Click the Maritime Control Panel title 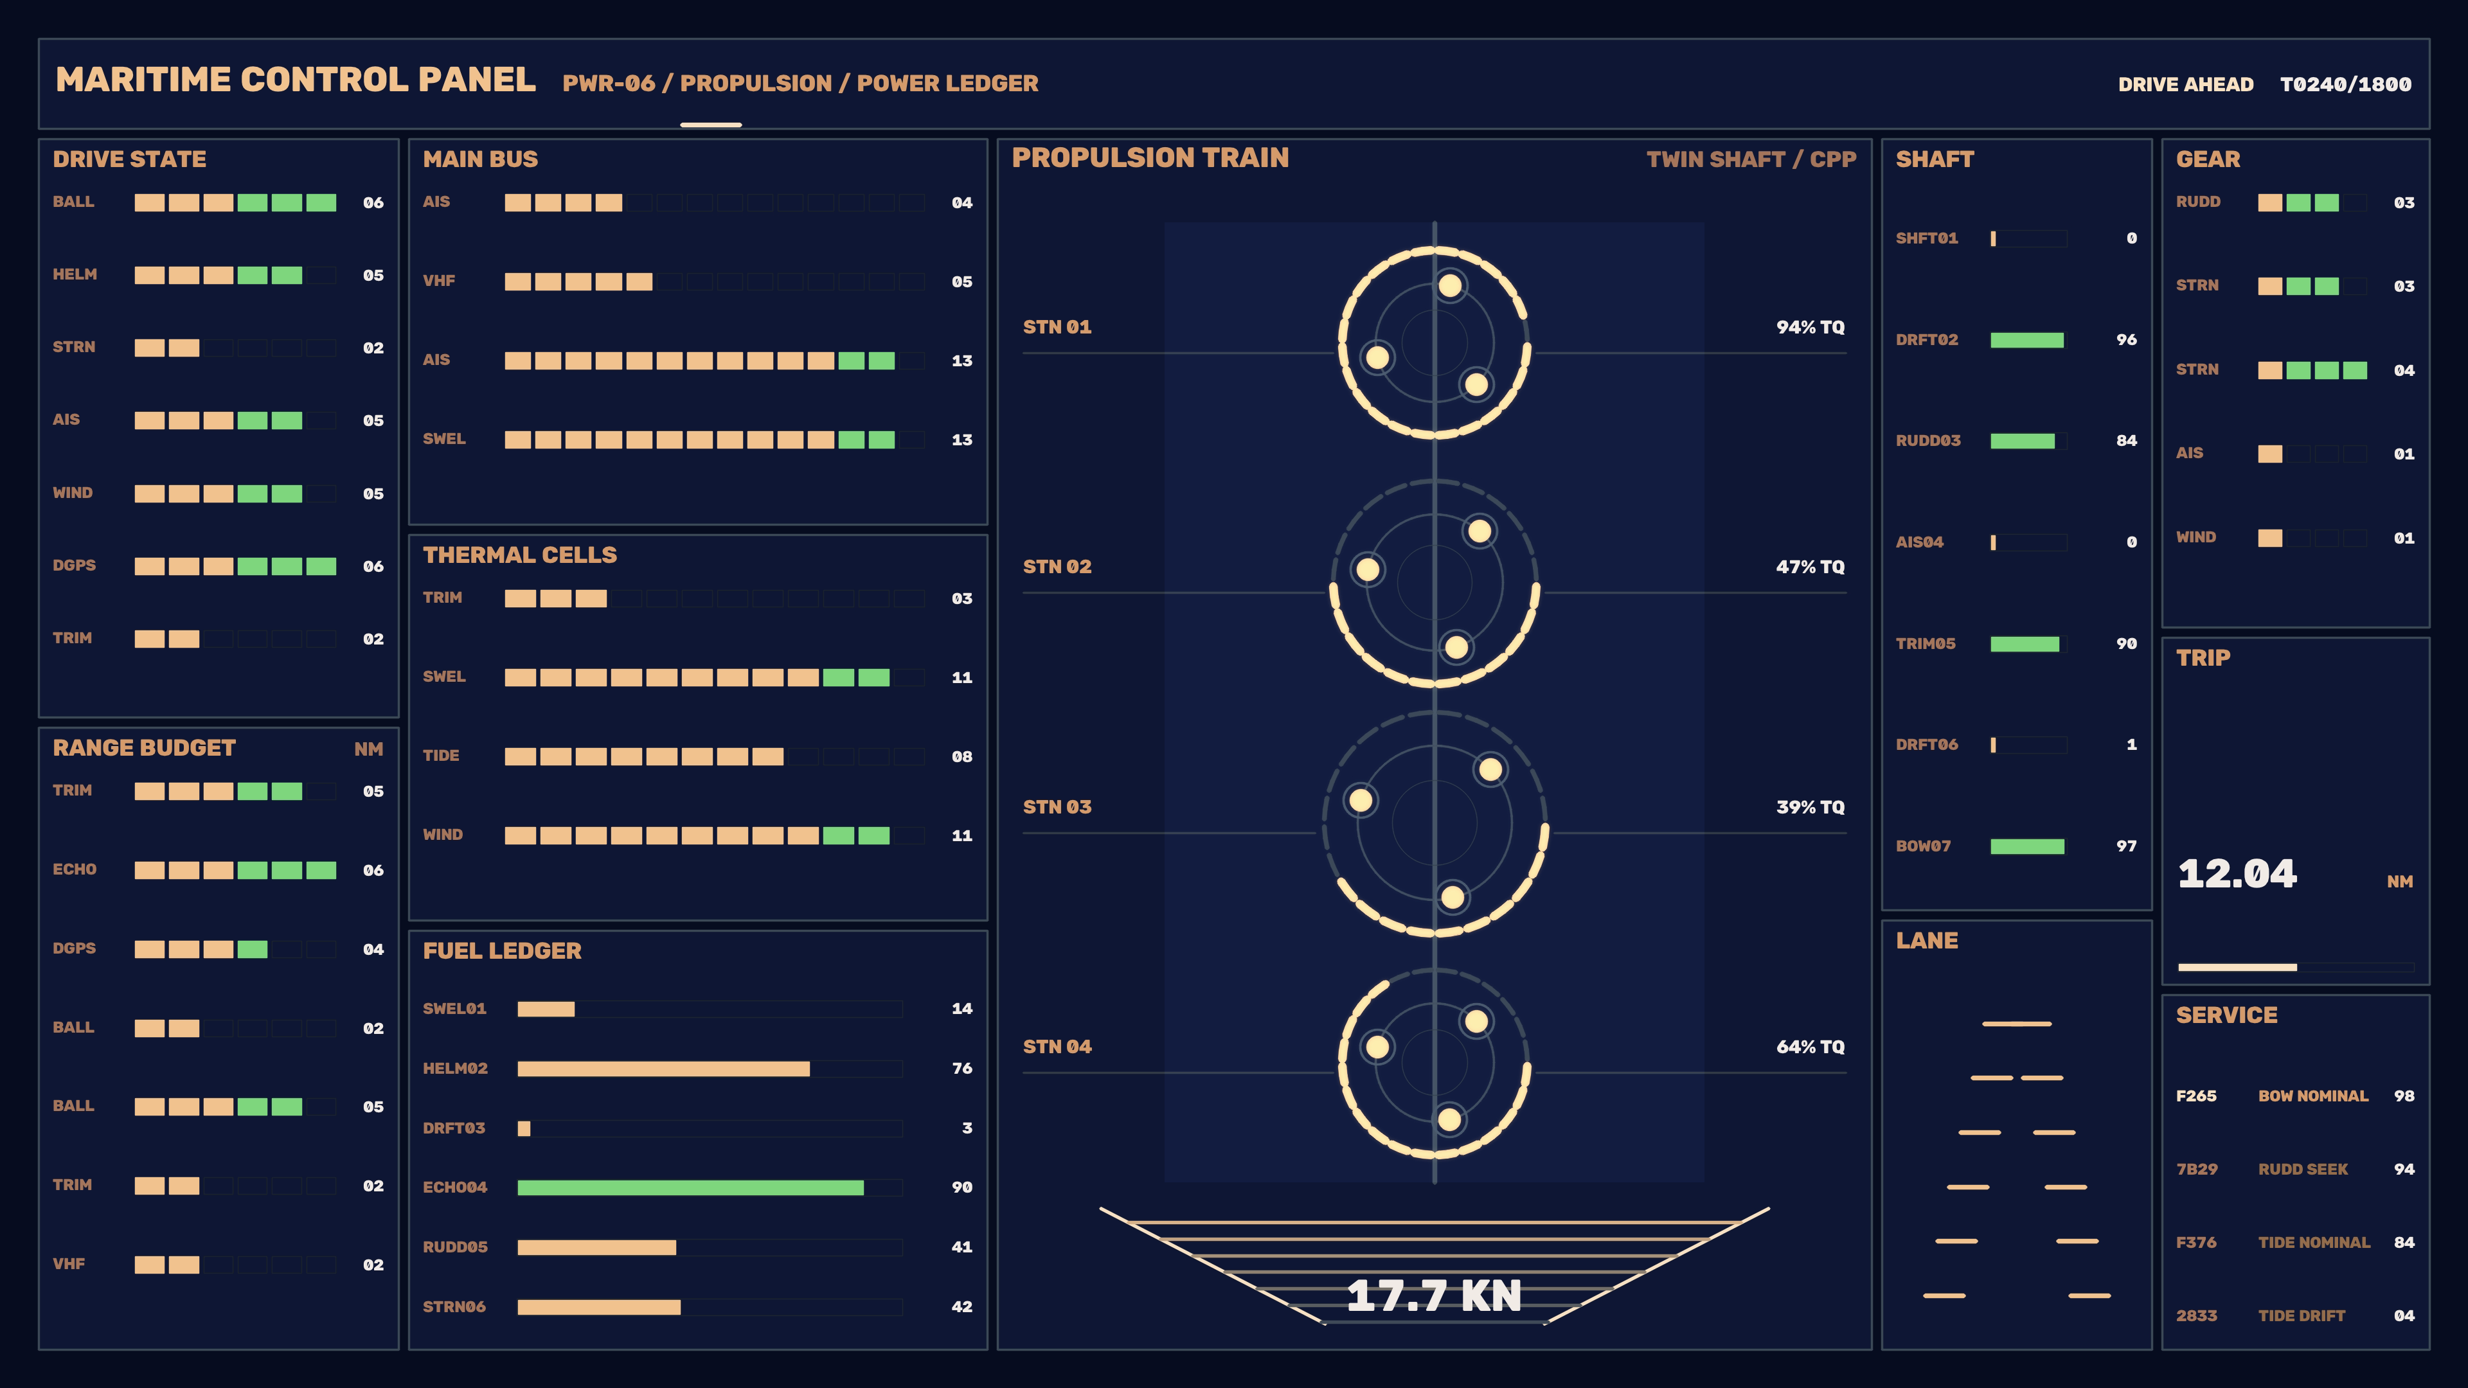pos(295,80)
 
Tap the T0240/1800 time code pos(2345,84)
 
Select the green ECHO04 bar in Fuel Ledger pos(690,1188)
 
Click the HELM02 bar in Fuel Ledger pos(663,1068)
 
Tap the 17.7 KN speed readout pos(1433,1296)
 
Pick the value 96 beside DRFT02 pos(2126,340)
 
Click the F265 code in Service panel pos(2196,1096)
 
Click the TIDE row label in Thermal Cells pos(441,756)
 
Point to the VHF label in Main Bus pos(439,281)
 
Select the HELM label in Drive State pos(75,275)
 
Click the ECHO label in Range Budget pos(75,870)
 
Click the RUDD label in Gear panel pos(2198,202)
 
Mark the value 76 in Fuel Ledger pos(962,1068)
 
